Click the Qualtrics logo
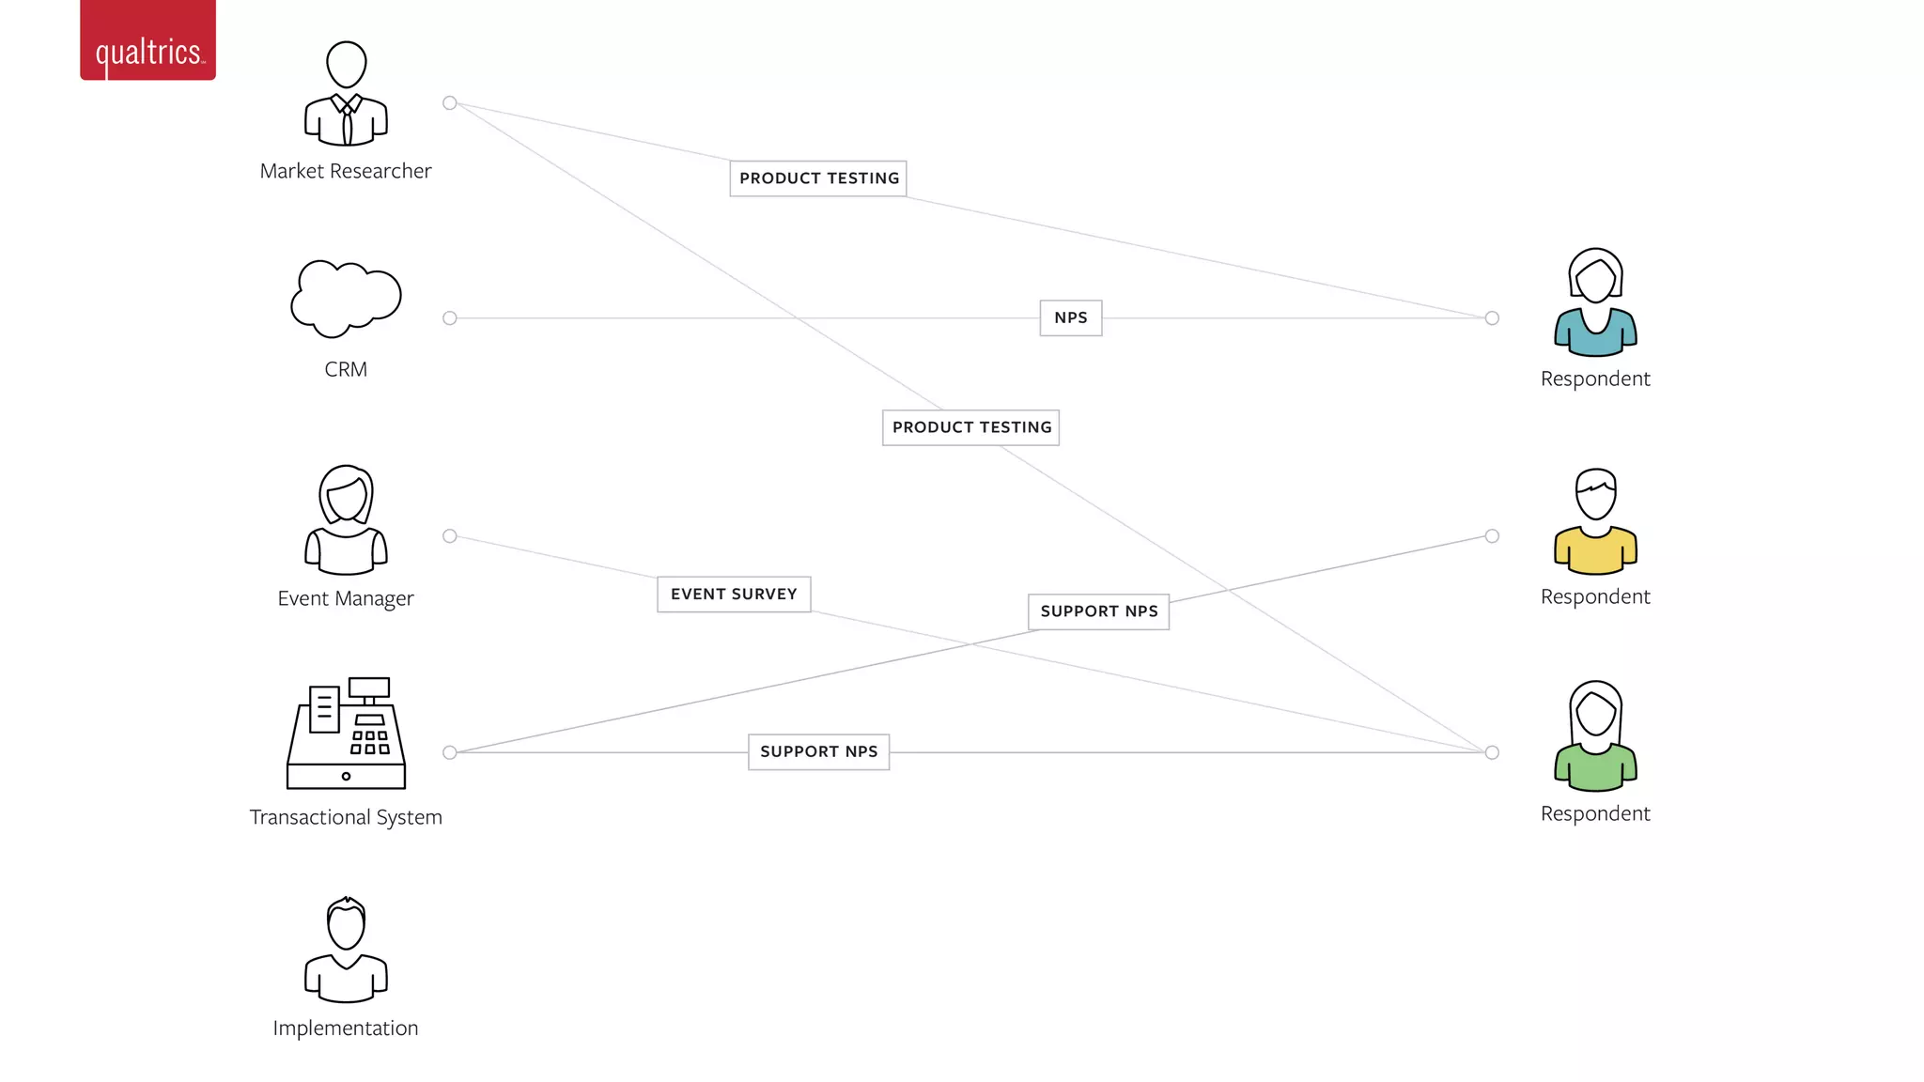point(147,42)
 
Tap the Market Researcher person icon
point(346,94)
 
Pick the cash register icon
point(346,734)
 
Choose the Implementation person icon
point(346,950)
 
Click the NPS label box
point(1070,317)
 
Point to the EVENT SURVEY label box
point(734,594)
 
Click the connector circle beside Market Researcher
point(450,103)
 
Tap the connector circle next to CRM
point(450,318)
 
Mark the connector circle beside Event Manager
point(450,536)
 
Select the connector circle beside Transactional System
point(450,752)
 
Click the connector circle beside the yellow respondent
point(1492,536)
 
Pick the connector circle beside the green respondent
point(1492,752)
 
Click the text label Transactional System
point(346,817)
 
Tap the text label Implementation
point(346,1028)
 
